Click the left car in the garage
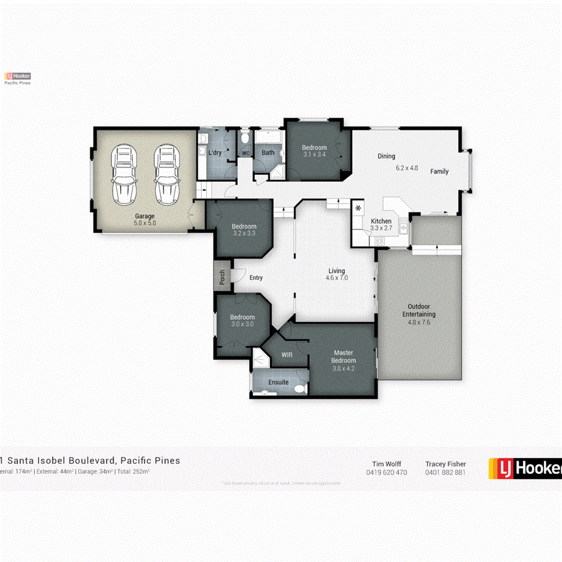pos(125,175)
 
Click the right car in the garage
pos(166,175)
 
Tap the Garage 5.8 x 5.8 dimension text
pos(145,223)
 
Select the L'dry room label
pos(215,153)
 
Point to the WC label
pos(246,153)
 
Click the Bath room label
pos(268,153)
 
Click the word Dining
pos(387,156)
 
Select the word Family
pos(440,171)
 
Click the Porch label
pos(222,277)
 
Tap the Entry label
pos(256,277)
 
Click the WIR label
pos(287,355)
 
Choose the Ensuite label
pos(279,382)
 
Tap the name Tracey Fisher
pos(446,464)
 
